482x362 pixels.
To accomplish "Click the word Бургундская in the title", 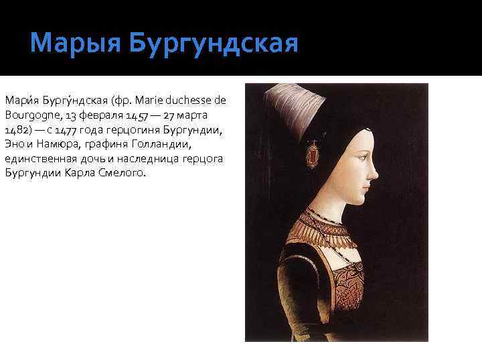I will coord(213,44).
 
